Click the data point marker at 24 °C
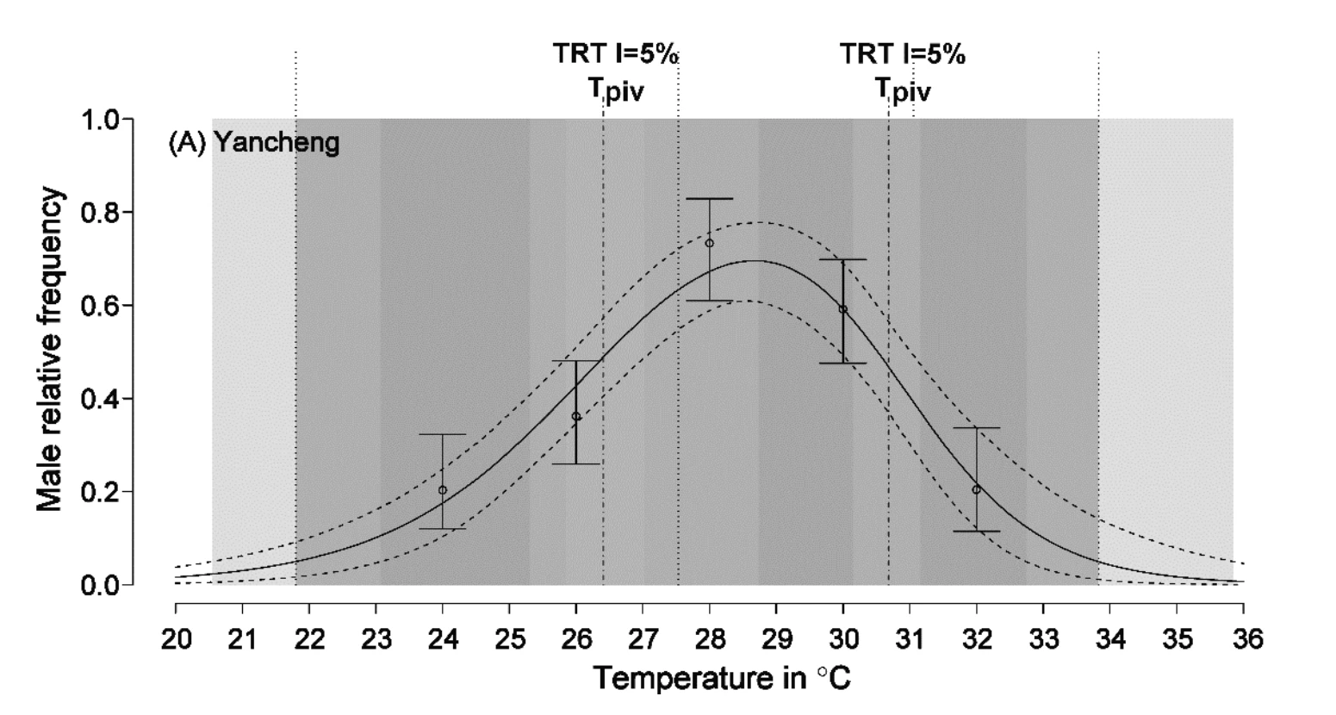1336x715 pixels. (443, 490)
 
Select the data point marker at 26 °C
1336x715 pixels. (576, 416)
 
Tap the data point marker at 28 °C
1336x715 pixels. (710, 243)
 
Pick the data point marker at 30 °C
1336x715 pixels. (843, 309)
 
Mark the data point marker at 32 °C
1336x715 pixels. (977, 489)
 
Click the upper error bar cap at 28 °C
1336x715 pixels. (710, 199)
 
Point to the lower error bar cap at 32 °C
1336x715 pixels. (977, 531)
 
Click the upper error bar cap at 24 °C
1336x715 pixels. (443, 435)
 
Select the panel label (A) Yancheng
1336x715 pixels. (254, 143)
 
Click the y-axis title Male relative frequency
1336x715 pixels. (49, 349)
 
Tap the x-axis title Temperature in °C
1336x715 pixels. (723, 678)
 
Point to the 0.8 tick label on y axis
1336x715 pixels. (100, 213)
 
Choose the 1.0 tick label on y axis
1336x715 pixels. (100, 120)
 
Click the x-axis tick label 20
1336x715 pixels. (176, 639)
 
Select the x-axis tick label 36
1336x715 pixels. (1244, 639)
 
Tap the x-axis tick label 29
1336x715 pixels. (777, 639)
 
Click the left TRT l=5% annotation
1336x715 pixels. (616, 53)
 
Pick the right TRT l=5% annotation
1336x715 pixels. (903, 53)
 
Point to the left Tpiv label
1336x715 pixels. (616, 90)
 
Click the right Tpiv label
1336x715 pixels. (903, 90)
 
